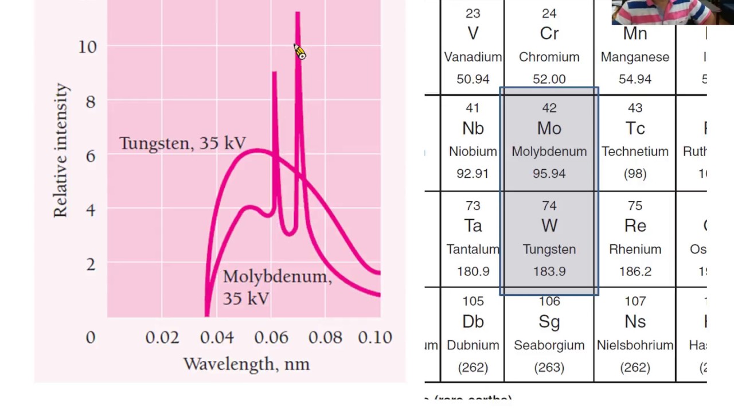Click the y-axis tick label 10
pyautogui.click(x=88, y=46)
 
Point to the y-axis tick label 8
pyautogui.click(x=91, y=101)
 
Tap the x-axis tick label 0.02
pyautogui.click(x=162, y=337)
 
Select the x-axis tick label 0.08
pyautogui.click(x=325, y=337)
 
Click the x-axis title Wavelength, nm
pyautogui.click(x=247, y=364)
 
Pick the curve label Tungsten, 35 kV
pyautogui.click(x=182, y=143)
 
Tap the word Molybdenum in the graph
pyautogui.click(x=277, y=276)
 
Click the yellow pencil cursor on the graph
pyautogui.click(x=300, y=52)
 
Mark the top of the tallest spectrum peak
pyautogui.click(x=298, y=13)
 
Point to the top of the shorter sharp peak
pyautogui.click(x=275, y=73)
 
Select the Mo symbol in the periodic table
pyautogui.click(x=549, y=128)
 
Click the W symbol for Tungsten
pyautogui.click(x=549, y=225)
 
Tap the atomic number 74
pyautogui.click(x=549, y=205)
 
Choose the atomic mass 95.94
pyautogui.click(x=549, y=173)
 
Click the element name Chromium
pyautogui.click(x=549, y=57)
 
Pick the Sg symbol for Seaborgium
pyautogui.click(x=549, y=321)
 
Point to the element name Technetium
pyautogui.click(x=635, y=151)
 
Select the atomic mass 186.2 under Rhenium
pyautogui.click(x=635, y=271)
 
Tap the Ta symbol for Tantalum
pyautogui.click(x=473, y=225)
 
